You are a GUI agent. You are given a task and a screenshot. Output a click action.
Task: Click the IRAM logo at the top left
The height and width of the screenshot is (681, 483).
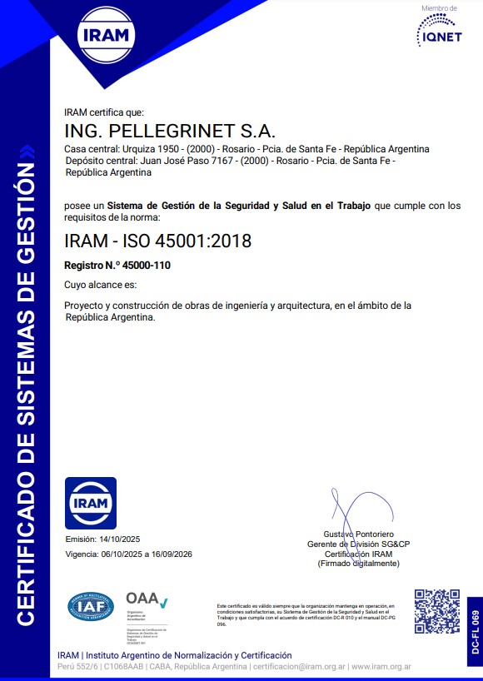pos(104,36)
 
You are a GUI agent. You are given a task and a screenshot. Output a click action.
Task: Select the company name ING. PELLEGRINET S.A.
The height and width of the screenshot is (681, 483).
pos(169,132)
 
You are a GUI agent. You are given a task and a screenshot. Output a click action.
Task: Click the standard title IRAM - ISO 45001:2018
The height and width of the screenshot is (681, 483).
pos(157,241)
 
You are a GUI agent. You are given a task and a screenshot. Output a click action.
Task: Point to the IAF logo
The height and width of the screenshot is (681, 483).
pos(91,606)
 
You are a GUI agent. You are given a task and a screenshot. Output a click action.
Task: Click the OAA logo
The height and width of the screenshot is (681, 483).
pos(147,600)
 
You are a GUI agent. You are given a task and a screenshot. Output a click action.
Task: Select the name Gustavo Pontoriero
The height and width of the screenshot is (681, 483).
pos(358,533)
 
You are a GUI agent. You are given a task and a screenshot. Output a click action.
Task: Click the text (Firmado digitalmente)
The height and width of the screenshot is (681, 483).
pos(358,564)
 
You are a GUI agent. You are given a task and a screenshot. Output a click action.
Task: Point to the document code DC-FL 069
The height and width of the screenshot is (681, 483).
pos(475,630)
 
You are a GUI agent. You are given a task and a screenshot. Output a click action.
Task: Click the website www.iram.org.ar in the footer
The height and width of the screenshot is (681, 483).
pos(381,667)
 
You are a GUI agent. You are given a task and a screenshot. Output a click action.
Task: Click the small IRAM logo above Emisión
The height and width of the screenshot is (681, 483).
pos(91,503)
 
